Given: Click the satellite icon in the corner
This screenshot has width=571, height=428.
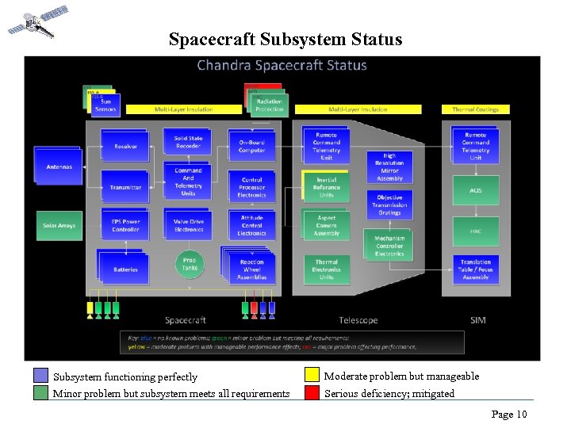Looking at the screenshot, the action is (x=36, y=21).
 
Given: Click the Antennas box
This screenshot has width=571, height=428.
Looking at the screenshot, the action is (x=59, y=166).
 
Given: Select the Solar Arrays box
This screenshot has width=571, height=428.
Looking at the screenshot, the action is (x=59, y=226).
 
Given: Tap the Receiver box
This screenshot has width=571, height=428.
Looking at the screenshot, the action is (x=125, y=146).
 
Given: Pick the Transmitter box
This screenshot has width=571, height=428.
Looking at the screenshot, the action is (x=125, y=187).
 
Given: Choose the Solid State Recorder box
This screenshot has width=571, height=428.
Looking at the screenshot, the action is (x=188, y=142).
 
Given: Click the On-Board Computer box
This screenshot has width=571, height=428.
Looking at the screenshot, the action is (x=251, y=146).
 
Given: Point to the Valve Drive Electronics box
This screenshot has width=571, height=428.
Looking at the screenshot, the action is (x=188, y=225).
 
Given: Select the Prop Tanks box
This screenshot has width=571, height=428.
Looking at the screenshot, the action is (x=189, y=264).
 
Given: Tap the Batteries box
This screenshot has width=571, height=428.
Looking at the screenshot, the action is (x=125, y=269).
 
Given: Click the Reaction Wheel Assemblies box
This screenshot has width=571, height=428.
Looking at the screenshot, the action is (x=251, y=269).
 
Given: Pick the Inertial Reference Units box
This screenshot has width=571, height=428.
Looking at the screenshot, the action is (x=326, y=187).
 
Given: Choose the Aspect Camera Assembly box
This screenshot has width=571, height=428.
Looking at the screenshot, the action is (x=326, y=226).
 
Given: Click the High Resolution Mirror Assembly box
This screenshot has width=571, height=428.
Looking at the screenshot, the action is (x=389, y=167).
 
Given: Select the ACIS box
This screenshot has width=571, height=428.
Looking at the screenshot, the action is (x=475, y=190).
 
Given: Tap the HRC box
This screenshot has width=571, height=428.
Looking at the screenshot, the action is (x=475, y=231).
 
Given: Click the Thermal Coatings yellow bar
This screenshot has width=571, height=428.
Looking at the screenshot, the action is (x=475, y=109).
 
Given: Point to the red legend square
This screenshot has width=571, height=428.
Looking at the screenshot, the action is (x=311, y=392).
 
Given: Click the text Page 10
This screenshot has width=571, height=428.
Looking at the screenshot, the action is (x=508, y=414).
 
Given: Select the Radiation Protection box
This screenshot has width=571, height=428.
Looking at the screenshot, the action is (x=270, y=105).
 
